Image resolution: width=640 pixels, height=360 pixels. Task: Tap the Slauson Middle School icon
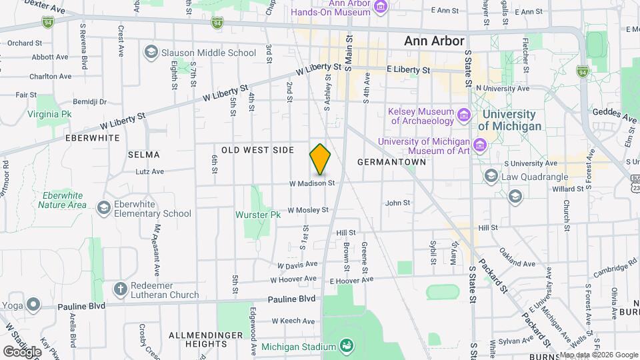151,53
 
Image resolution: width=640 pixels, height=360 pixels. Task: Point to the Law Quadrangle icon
491,176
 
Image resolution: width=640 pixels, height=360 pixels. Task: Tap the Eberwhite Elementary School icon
103,209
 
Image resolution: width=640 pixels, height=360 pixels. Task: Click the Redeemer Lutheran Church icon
120,289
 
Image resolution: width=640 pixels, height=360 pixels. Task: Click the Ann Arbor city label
434,41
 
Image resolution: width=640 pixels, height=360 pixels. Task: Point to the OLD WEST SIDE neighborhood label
257,150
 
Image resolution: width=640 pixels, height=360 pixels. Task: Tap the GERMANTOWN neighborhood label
391,162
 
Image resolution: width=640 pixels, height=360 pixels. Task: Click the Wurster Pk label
258,215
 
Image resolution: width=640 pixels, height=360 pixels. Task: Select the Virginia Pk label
49,114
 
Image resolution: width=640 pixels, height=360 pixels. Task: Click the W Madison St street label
311,183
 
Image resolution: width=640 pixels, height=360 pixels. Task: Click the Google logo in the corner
22,351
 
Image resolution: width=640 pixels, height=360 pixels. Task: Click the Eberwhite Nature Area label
62,200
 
